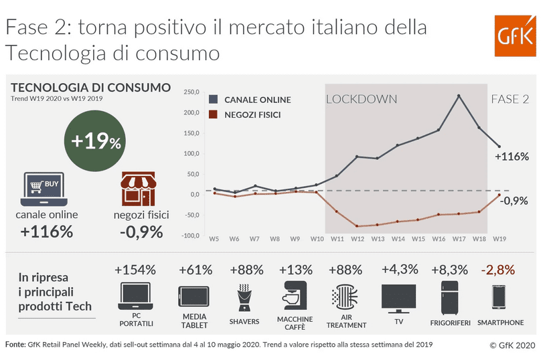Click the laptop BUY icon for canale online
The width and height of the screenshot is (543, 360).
[44, 189]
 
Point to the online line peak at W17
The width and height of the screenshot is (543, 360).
[459, 96]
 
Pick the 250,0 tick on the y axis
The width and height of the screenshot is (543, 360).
[191, 92]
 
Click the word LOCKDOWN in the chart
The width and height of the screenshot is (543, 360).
[362, 99]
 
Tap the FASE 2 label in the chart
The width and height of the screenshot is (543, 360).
[510, 99]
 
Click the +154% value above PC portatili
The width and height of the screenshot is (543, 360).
[135, 270]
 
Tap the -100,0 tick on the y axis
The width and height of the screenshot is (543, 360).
[191, 236]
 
